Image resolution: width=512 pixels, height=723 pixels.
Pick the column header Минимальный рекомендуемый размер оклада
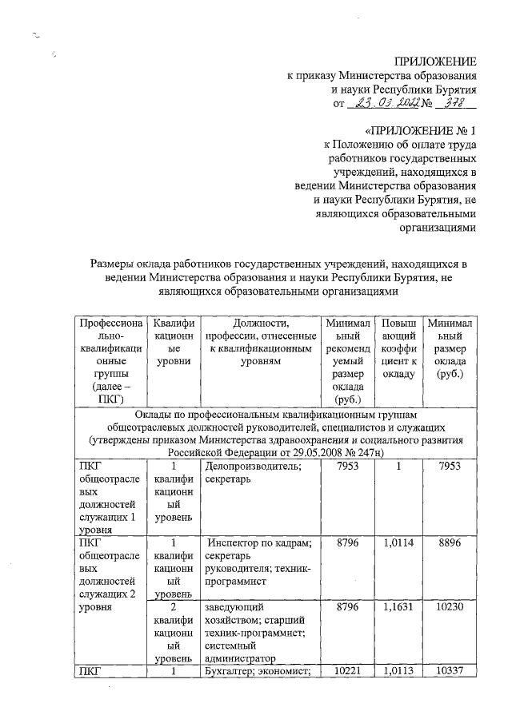tap(348, 361)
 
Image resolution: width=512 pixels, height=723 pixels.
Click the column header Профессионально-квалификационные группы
tap(106, 361)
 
